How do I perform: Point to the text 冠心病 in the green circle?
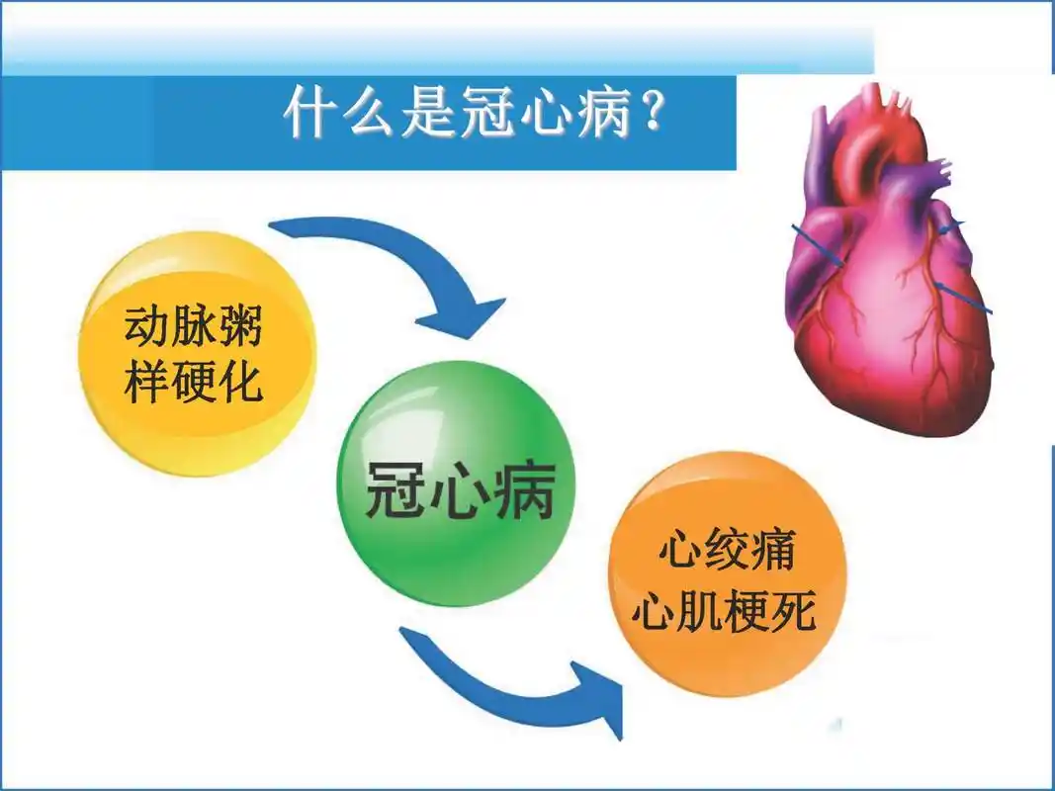(x=459, y=490)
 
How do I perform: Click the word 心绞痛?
(x=726, y=551)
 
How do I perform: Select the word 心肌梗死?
(x=726, y=613)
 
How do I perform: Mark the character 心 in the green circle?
(x=459, y=490)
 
